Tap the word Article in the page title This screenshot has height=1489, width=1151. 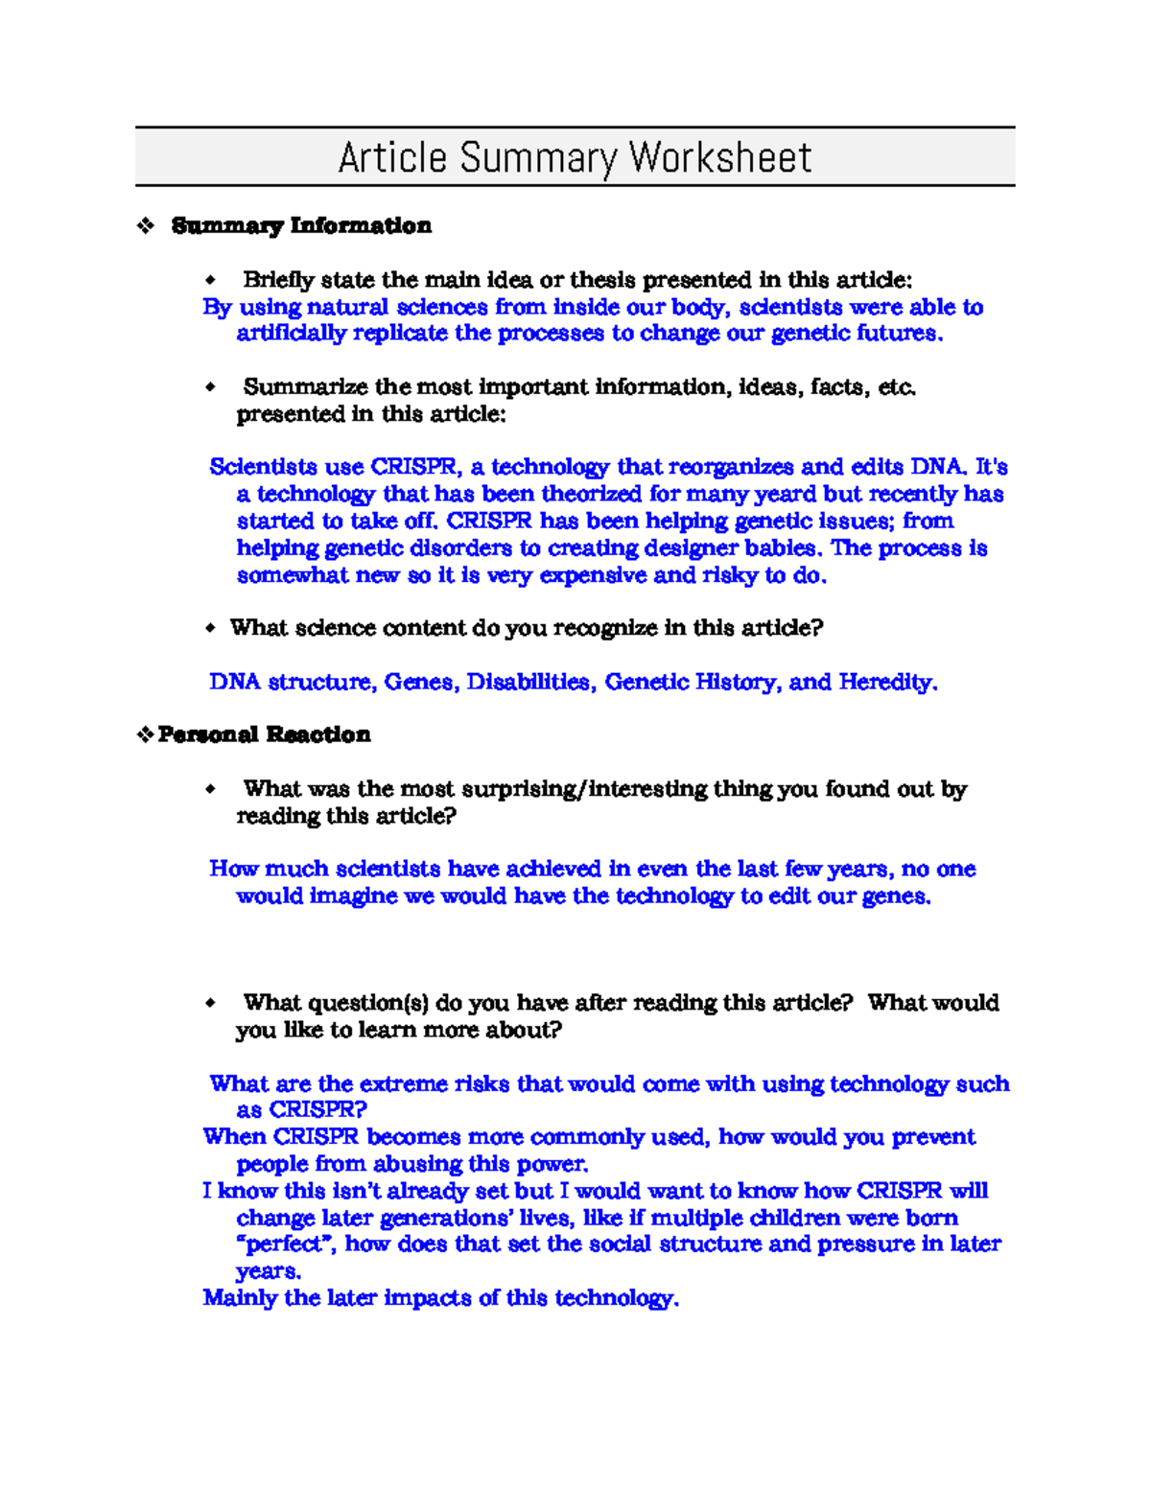pyautogui.click(x=392, y=157)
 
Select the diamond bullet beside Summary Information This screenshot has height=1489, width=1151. pyautogui.click(x=146, y=226)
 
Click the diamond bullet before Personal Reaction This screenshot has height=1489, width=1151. pyautogui.click(x=145, y=735)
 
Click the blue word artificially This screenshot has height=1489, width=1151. pyautogui.click(x=291, y=334)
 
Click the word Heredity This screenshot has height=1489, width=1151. pyautogui.click(x=887, y=683)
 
